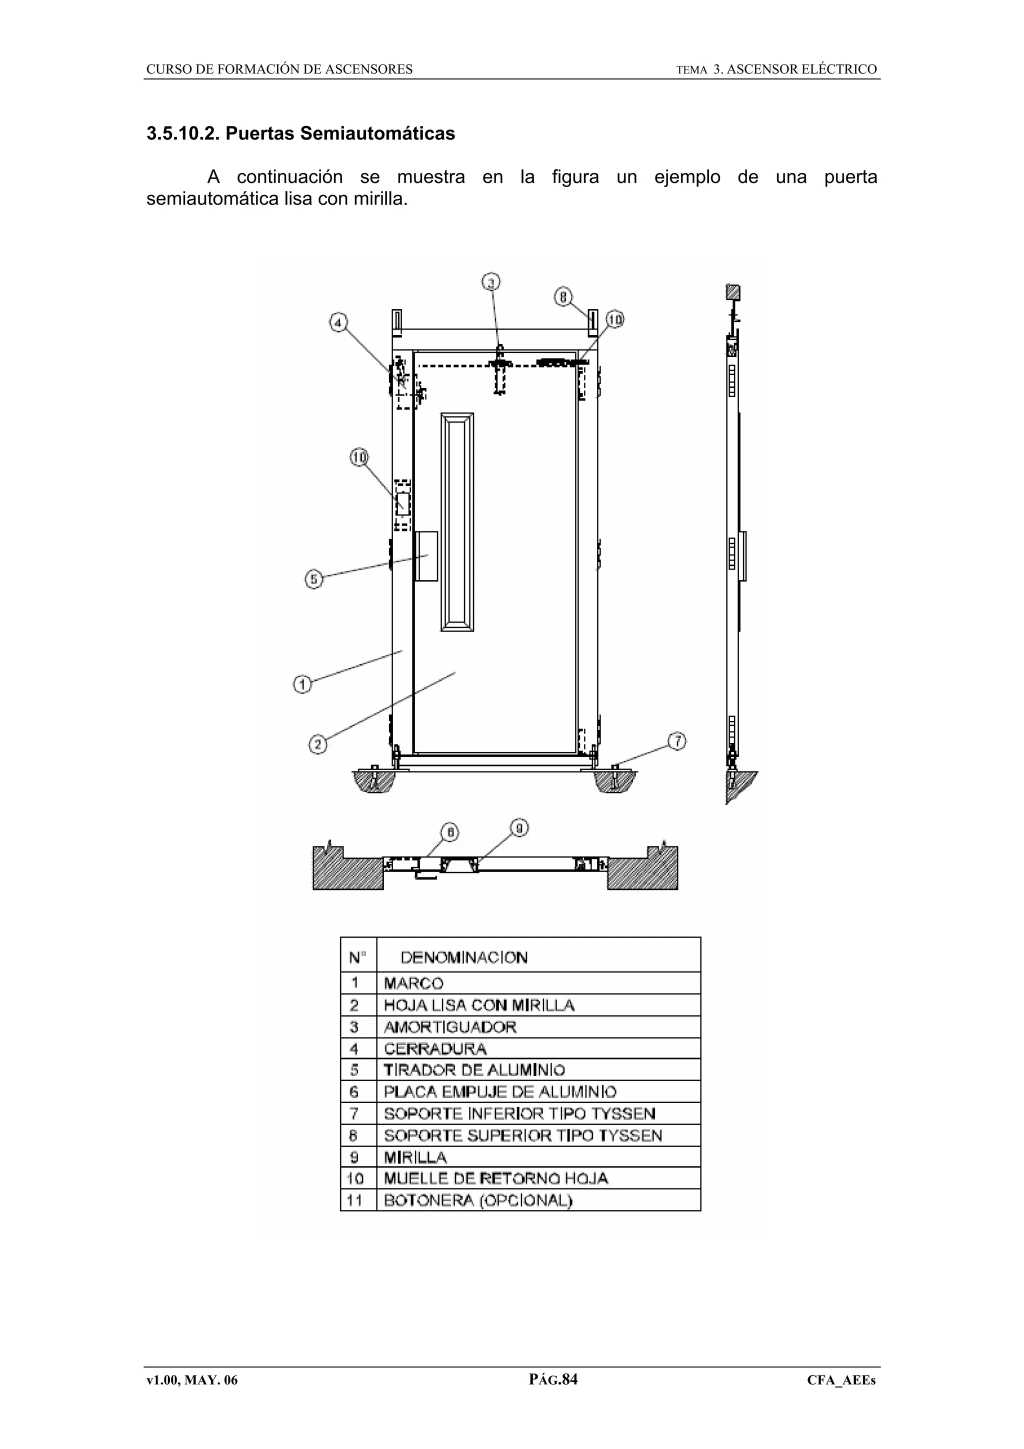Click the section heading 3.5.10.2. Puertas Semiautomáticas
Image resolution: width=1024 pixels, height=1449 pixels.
click(x=300, y=134)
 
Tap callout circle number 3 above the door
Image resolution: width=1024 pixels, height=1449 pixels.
click(x=491, y=282)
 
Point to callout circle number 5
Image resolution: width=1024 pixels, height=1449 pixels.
click(x=314, y=578)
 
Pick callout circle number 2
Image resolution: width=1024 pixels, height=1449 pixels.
click(x=318, y=744)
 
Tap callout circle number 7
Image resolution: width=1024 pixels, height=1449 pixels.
click(x=677, y=741)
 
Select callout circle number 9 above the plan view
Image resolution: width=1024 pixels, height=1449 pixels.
click(x=519, y=828)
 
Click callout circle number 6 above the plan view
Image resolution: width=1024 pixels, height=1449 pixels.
click(x=450, y=833)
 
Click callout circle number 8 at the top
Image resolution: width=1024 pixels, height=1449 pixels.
click(x=563, y=296)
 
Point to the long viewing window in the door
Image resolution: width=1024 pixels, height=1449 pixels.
click(x=457, y=522)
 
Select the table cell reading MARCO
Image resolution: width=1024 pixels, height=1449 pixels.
click(x=413, y=983)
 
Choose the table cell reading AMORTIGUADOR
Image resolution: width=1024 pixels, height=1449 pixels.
click(x=450, y=1027)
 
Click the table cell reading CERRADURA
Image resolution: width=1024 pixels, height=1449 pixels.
click(x=435, y=1049)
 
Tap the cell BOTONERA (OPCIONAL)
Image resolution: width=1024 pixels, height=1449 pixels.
click(x=477, y=1200)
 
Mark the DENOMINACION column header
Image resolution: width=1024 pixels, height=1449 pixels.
click(x=463, y=958)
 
